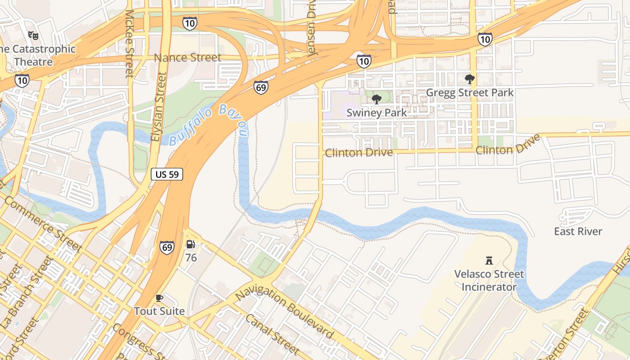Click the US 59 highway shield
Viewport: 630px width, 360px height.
point(167,175)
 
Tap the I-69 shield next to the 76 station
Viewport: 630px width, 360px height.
point(167,247)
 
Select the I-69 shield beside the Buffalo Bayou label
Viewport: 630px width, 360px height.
point(261,87)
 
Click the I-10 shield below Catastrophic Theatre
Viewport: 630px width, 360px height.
point(22,81)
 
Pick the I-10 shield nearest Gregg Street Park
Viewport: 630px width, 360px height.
point(485,39)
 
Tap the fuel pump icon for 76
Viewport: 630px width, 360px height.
point(191,244)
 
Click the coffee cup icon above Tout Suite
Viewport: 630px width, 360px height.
point(159,298)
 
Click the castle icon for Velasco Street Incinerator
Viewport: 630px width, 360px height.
point(489,260)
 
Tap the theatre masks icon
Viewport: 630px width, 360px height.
point(33,35)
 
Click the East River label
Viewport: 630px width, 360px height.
point(578,231)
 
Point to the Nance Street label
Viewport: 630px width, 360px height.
point(188,58)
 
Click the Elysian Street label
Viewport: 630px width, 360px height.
point(158,107)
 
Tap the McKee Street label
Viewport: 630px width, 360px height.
point(129,43)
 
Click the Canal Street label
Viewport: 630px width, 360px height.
point(272,334)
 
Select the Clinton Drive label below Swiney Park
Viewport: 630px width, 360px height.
point(359,153)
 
